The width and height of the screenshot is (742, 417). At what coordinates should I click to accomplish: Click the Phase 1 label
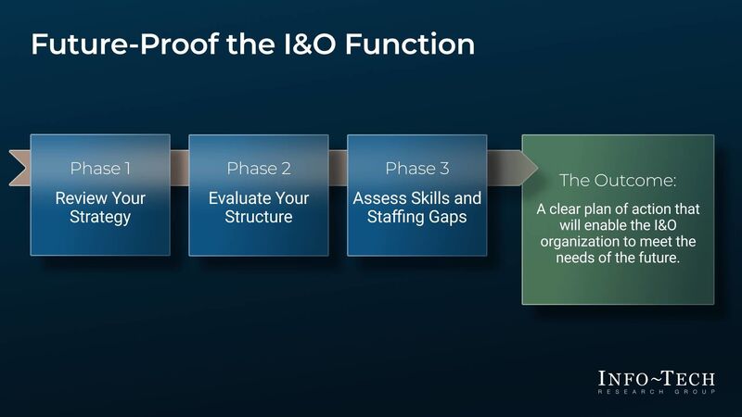pyautogui.click(x=100, y=168)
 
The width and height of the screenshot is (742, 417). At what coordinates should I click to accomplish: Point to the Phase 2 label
pyautogui.click(x=258, y=168)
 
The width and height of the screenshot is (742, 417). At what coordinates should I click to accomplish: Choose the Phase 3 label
pyautogui.click(x=416, y=168)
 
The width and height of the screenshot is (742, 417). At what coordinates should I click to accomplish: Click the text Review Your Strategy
pyautogui.click(x=100, y=208)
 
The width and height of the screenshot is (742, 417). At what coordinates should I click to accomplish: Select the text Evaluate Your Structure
pyautogui.click(x=258, y=208)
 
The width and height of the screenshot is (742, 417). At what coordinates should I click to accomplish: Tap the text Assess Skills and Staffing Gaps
pyautogui.click(x=416, y=208)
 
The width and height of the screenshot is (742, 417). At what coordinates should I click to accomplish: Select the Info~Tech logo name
pyautogui.click(x=657, y=378)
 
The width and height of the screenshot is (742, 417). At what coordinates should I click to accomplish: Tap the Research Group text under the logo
pyautogui.click(x=657, y=393)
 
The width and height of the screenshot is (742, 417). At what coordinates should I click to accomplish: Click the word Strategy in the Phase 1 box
pyautogui.click(x=100, y=217)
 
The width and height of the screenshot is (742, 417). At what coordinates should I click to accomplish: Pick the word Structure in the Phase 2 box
pyautogui.click(x=258, y=217)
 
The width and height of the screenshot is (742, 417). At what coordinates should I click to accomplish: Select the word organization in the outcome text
pyautogui.click(x=578, y=242)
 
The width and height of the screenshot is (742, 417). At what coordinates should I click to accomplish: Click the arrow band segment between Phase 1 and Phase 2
pyautogui.click(x=179, y=168)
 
